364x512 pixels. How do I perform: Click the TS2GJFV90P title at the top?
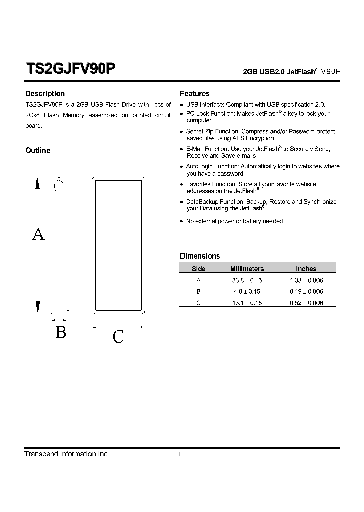point(71,69)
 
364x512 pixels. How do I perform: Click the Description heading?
point(45,94)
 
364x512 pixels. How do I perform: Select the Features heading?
point(195,94)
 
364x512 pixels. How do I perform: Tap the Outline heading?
point(38,150)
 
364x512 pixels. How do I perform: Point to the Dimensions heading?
point(200,256)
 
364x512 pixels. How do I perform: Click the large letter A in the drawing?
point(38,234)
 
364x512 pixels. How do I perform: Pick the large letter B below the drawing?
point(61,333)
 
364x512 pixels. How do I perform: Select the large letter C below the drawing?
point(118,336)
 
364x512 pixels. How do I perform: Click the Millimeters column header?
point(247,269)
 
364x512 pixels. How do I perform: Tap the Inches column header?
point(306,269)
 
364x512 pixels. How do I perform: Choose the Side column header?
point(198,269)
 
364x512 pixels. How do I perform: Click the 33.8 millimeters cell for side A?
point(247,280)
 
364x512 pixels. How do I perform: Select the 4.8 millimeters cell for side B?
point(247,291)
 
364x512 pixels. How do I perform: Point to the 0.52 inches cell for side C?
point(306,303)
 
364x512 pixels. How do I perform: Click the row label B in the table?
point(198,291)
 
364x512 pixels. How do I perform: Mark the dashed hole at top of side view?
point(59,186)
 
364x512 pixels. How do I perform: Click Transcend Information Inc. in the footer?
point(67,454)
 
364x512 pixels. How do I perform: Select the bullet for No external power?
point(181,222)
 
